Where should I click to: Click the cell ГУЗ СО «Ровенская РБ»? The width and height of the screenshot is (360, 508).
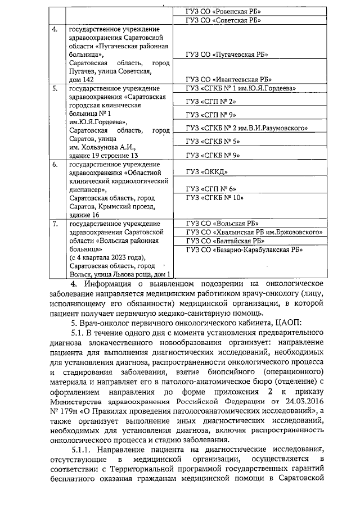tap(223, 11)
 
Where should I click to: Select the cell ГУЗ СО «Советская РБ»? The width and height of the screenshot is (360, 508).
tap(223, 20)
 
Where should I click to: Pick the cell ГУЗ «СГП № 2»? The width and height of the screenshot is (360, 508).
tap(210, 101)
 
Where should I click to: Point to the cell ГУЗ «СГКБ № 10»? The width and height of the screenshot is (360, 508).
tap(214, 198)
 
